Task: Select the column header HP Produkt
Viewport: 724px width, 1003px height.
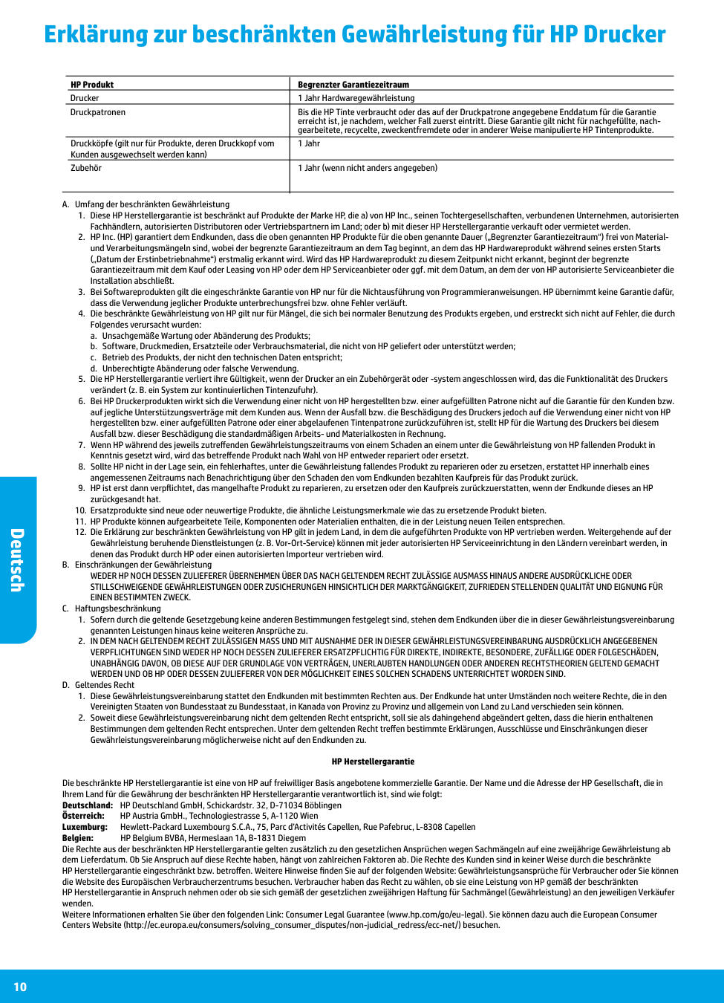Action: click(92, 85)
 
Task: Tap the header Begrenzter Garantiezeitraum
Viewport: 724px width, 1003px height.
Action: click(353, 85)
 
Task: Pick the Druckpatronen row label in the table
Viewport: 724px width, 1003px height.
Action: click(98, 112)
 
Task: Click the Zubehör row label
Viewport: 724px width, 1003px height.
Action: click(86, 168)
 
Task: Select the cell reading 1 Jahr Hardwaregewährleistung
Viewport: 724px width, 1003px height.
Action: click(356, 98)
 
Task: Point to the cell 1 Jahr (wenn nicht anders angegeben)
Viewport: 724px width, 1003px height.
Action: click(368, 168)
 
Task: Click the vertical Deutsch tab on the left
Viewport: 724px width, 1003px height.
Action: click(17, 560)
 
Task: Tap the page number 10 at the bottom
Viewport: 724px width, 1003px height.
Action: click(20, 987)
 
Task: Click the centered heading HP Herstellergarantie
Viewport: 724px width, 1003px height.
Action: click(373, 762)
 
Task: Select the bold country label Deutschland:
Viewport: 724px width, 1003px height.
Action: click(88, 805)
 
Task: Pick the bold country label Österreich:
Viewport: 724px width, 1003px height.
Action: click(83, 816)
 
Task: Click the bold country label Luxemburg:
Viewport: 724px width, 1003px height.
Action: click(85, 827)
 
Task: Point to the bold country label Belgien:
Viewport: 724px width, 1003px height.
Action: click(78, 838)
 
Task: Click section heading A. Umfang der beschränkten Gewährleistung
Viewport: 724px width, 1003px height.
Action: click(146, 204)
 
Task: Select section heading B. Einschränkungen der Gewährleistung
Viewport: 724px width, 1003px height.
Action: click(137, 565)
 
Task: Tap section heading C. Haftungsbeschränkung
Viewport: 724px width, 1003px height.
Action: click(112, 608)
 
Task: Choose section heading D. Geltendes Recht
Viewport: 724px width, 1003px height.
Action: click(99, 685)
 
